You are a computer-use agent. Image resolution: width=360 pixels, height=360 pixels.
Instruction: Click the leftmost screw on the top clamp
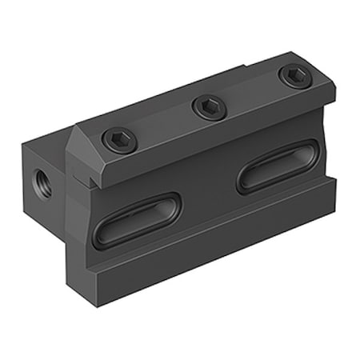[x=119, y=142]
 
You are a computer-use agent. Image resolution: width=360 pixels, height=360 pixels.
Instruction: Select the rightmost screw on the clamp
[x=294, y=76]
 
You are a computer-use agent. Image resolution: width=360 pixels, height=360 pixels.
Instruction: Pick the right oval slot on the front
[x=279, y=166]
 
